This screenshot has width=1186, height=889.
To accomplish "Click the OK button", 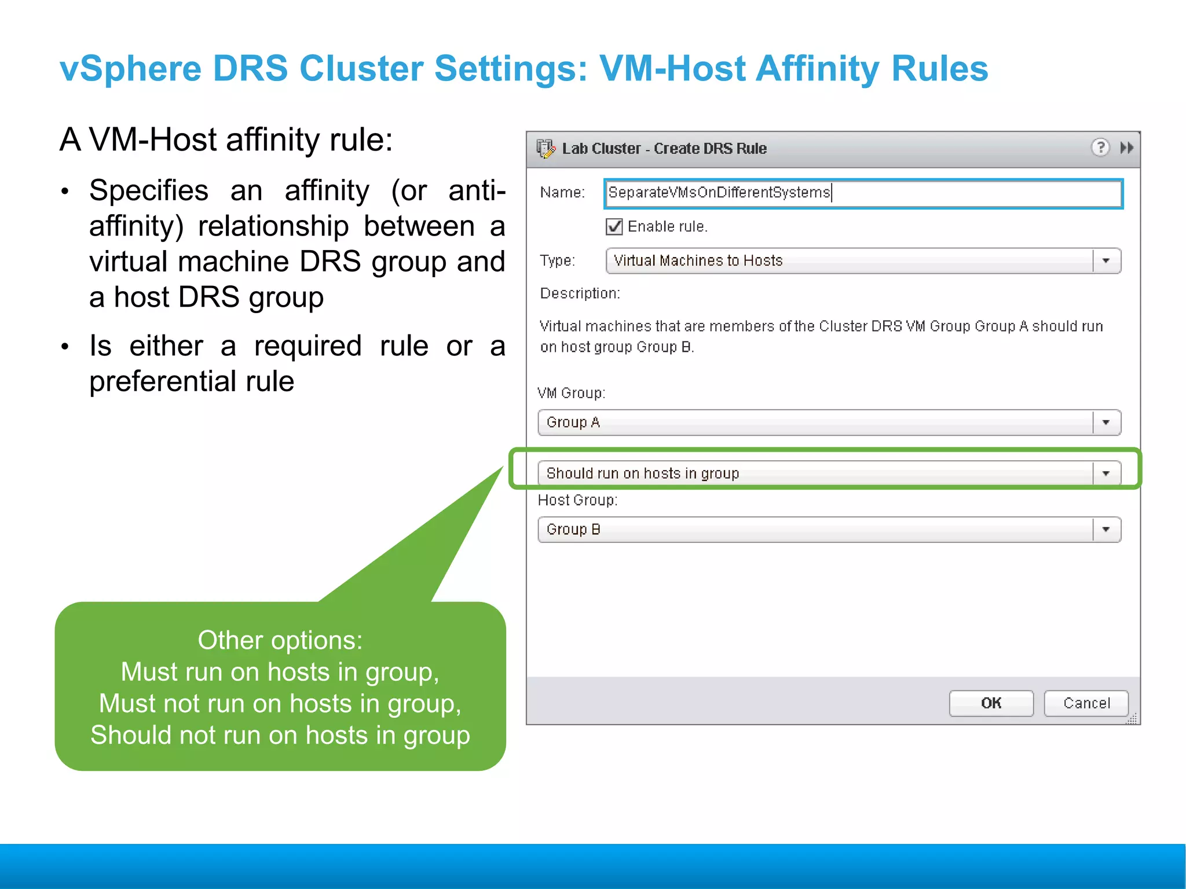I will tap(991, 703).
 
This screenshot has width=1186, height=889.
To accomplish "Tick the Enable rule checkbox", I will tap(614, 226).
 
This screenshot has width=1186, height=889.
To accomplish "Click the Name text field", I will tap(863, 193).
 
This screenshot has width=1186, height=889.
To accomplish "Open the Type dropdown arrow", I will tap(1106, 261).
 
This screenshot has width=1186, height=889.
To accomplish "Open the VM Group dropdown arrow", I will tap(1106, 423).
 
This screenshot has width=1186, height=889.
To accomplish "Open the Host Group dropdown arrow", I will tap(1106, 530).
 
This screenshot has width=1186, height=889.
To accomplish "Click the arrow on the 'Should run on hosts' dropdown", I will tap(1106, 473).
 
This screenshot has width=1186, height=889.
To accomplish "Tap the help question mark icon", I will tap(1100, 148).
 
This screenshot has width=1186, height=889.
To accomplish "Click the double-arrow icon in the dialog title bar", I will tap(1126, 148).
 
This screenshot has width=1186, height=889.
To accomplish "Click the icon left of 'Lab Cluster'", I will tap(545, 149).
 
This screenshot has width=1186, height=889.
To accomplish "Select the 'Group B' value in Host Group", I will tap(573, 530).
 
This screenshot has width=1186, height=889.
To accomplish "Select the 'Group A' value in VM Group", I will tap(573, 423).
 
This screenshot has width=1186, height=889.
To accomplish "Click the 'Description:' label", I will tap(580, 293).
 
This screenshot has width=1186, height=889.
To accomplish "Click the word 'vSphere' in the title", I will tap(130, 68).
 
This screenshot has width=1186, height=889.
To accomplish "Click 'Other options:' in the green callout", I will tap(280, 640).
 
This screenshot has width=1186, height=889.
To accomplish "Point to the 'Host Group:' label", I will tap(577, 500).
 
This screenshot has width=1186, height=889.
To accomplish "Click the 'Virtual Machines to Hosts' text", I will tap(698, 261).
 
